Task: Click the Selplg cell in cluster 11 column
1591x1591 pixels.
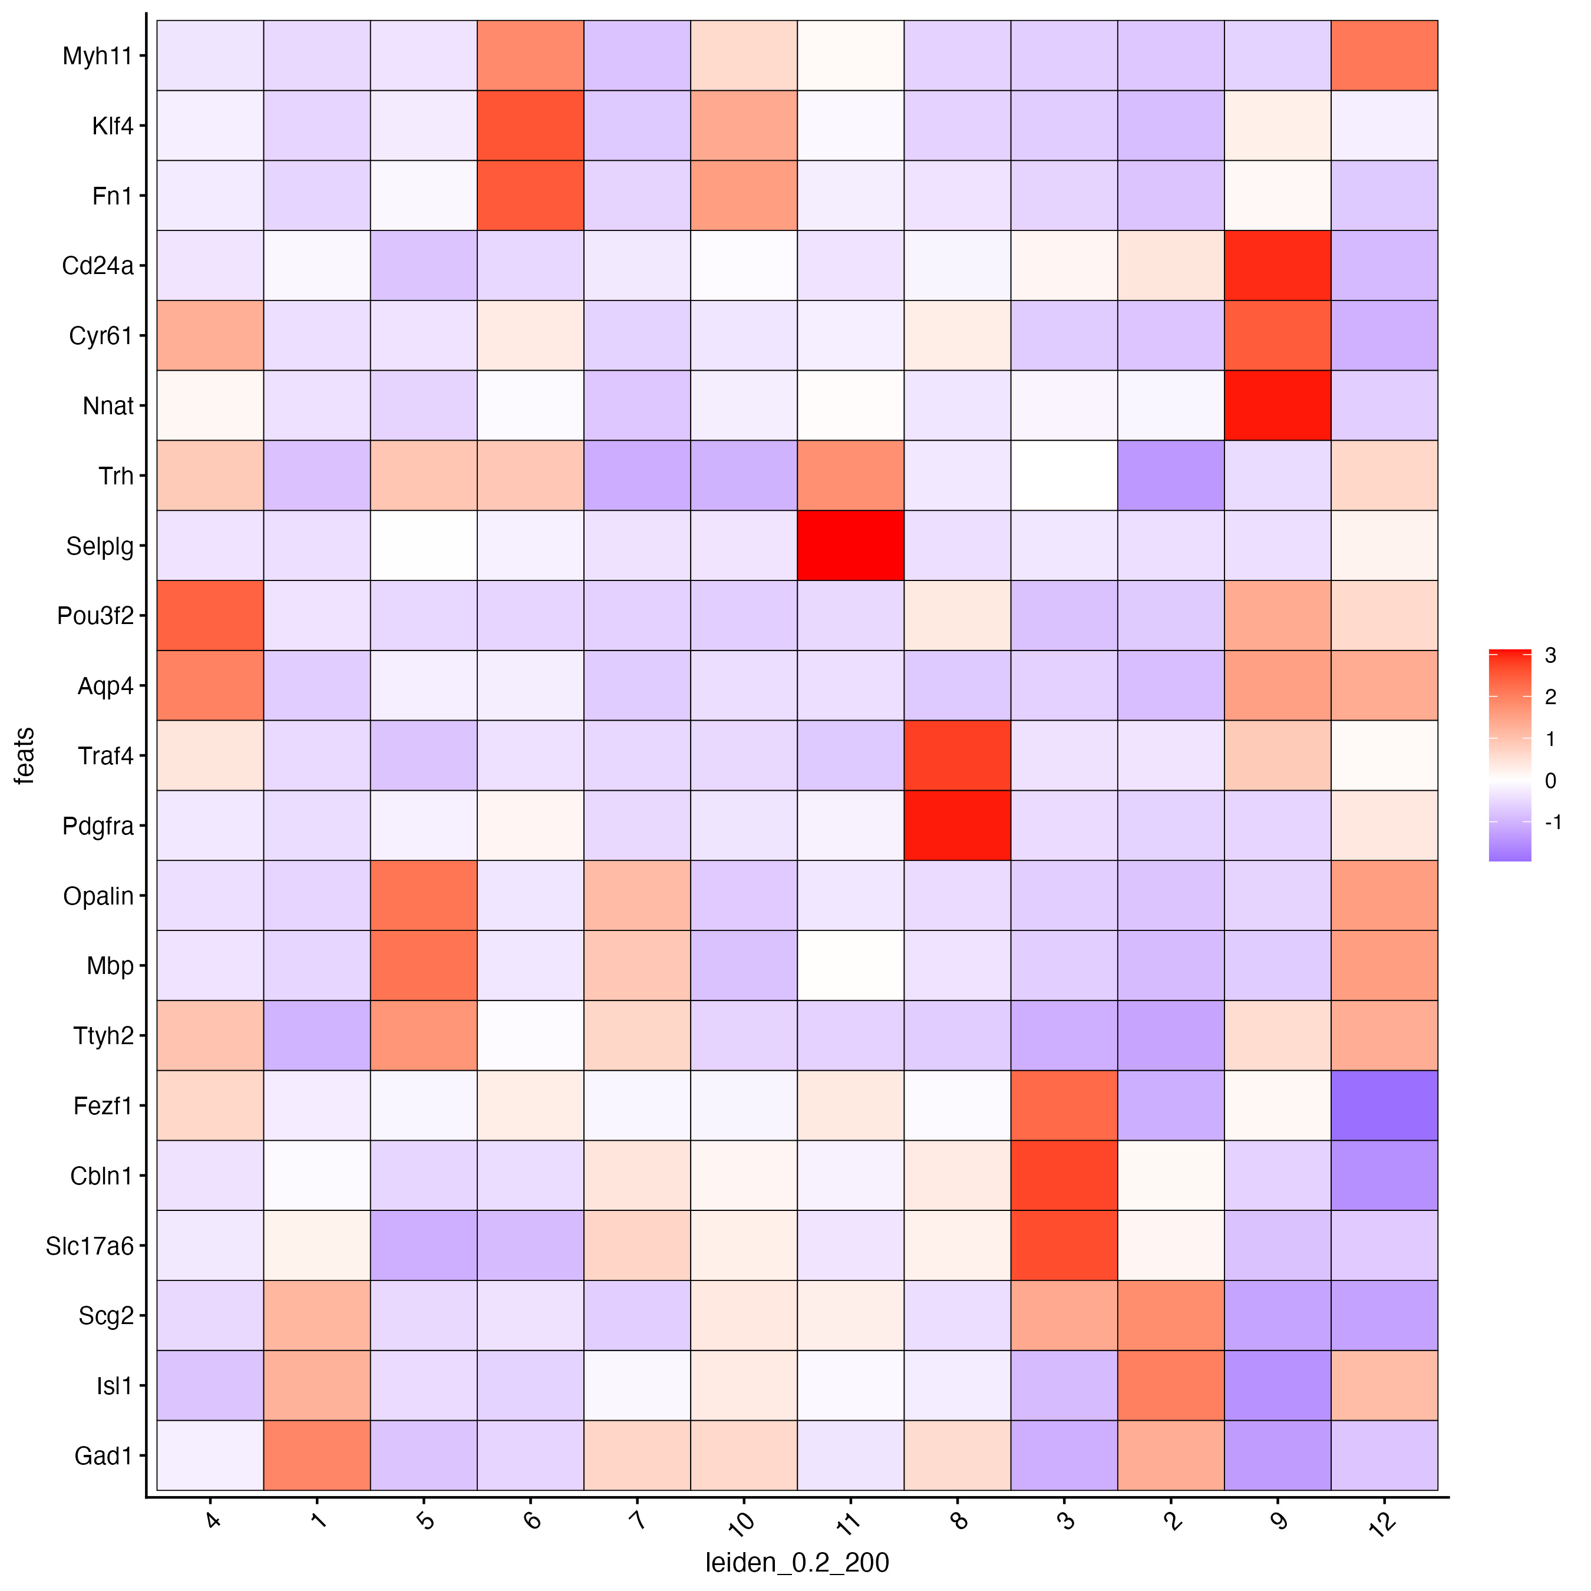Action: pos(850,545)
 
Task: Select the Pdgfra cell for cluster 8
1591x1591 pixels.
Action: pos(957,825)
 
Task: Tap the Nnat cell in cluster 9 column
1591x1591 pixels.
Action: pos(1278,405)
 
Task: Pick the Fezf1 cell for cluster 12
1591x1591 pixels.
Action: pos(1384,1105)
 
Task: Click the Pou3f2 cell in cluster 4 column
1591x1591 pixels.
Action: pos(210,615)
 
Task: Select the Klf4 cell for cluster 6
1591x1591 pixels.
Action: pos(530,125)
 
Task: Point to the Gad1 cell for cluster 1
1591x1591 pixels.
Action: pos(317,1455)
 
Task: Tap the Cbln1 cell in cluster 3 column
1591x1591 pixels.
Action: pos(1064,1175)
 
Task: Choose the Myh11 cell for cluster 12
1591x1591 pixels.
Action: pos(1384,55)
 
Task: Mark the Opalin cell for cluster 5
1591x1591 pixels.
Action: pos(423,895)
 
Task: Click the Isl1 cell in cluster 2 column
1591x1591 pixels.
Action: pos(1170,1385)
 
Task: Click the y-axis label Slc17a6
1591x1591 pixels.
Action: pos(89,1246)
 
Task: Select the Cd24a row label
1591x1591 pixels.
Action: pos(97,266)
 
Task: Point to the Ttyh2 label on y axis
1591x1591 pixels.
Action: pos(103,1036)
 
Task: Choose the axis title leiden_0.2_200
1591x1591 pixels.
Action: pos(796,1562)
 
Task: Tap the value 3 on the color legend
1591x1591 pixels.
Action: pos(1550,655)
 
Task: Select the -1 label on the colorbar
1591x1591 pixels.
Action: pos(1552,822)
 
